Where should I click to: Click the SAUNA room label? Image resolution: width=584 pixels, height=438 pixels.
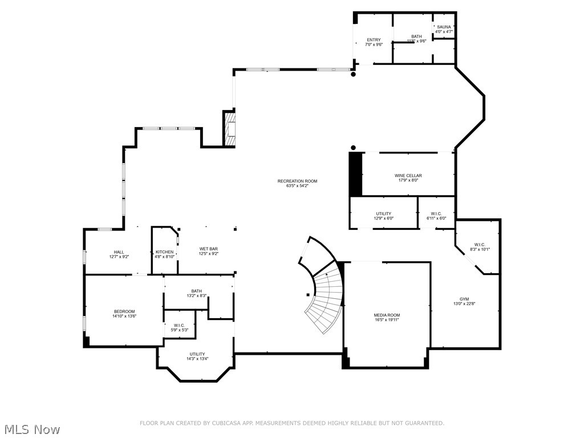[x=443, y=27]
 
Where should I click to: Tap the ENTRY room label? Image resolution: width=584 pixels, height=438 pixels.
[x=374, y=40]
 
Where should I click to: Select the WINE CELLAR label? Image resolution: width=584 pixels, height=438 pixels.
[x=408, y=176]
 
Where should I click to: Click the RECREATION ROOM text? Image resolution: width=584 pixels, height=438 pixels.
[x=297, y=181]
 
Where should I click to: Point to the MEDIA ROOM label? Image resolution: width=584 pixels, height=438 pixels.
[x=387, y=315]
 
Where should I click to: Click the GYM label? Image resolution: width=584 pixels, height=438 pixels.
[x=464, y=299]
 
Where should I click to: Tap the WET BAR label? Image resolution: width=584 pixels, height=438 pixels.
[x=208, y=249]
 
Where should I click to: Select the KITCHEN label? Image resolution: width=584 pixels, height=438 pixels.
[x=164, y=252]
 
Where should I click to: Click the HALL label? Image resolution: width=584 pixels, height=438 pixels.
[x=119, y=252]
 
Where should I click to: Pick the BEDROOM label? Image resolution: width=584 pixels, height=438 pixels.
[x=124, y=311]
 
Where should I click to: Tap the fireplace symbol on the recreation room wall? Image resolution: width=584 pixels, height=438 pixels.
[x=230, y=129]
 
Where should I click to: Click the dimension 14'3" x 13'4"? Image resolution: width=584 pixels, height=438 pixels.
[x=197, y=359]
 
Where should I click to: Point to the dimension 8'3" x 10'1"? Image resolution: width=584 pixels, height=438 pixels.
[x=480, y=250]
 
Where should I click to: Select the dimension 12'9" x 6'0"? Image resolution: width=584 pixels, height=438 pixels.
[x=383, y=218]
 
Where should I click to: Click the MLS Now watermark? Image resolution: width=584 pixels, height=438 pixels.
[x=31, y=429]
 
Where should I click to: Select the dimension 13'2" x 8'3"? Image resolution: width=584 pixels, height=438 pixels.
[x=197, y=296]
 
